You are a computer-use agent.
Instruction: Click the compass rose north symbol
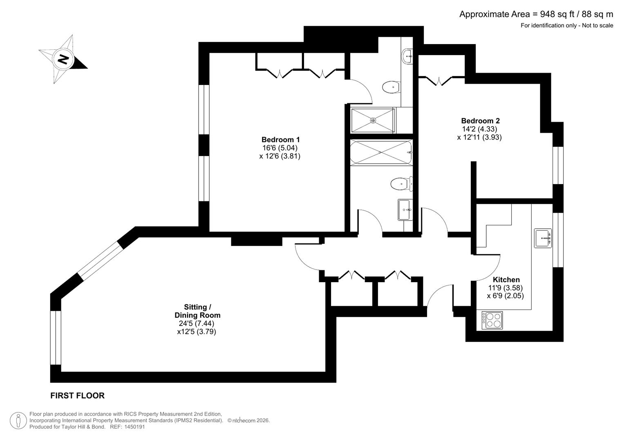[x=63, y=60]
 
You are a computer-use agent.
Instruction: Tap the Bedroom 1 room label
[x=280, y=140]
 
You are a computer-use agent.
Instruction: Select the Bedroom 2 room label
[x=480, y=121]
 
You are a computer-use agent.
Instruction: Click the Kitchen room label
[x=506, y=280]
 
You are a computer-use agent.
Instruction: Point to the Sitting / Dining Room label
[x=197, y=311]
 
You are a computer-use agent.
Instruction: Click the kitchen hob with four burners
[x=492, y=320]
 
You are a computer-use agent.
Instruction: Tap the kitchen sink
[x=543, y=238]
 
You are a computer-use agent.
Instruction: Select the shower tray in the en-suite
[x=373, y=120]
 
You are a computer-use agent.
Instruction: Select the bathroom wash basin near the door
[x=405, y=210]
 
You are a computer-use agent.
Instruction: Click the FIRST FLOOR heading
[x=77, y=396]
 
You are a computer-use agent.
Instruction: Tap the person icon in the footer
[x=18, y=421]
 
